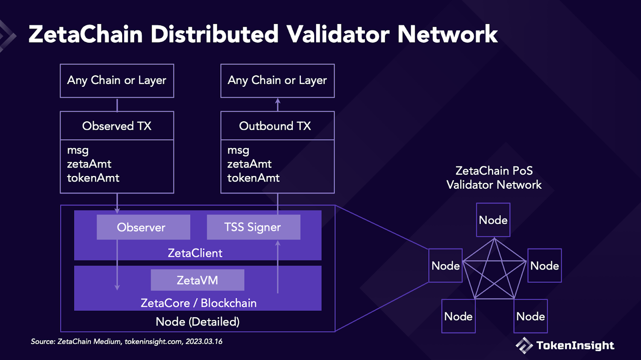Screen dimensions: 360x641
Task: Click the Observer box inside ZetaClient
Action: [143, 227]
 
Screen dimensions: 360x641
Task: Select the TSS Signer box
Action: [253, 227]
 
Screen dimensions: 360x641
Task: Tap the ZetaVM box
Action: [197, 280]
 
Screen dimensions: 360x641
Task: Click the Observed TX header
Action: [117, 126]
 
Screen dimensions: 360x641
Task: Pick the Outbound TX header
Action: [275, 126]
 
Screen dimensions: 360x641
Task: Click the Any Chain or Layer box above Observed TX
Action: [117, 81]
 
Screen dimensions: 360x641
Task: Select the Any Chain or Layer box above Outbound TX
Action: [277, 81]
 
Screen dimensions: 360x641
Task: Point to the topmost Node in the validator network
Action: [493, 220]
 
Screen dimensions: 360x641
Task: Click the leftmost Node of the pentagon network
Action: [445, 266]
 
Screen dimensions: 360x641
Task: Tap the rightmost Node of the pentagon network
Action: [544, 266]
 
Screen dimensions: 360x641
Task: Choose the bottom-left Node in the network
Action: [458, 316]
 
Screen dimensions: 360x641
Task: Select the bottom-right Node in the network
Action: [530, 316]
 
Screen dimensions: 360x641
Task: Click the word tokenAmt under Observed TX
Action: [93, 178]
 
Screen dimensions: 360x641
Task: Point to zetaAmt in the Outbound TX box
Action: [250, 164]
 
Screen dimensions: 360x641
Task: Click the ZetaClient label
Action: [195, 253]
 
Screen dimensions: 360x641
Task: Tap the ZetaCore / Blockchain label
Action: [199, 303]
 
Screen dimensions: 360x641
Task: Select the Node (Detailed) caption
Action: [197, 322]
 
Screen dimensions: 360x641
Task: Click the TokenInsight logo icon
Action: [524, 345]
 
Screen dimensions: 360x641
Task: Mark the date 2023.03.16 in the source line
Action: [204, 342]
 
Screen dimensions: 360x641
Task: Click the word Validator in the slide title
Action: [338, 34]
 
